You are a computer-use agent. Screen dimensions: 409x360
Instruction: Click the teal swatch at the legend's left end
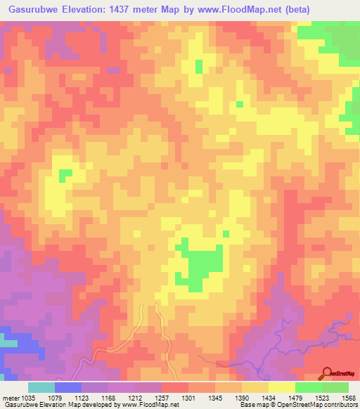(x=41, y=387)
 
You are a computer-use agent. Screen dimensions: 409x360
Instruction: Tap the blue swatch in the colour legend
(x=67, y=387)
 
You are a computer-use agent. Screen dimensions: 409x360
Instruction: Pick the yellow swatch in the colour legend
(x=281, y=387)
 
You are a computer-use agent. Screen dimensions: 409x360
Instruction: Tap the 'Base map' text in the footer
(x=252, y=405)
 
